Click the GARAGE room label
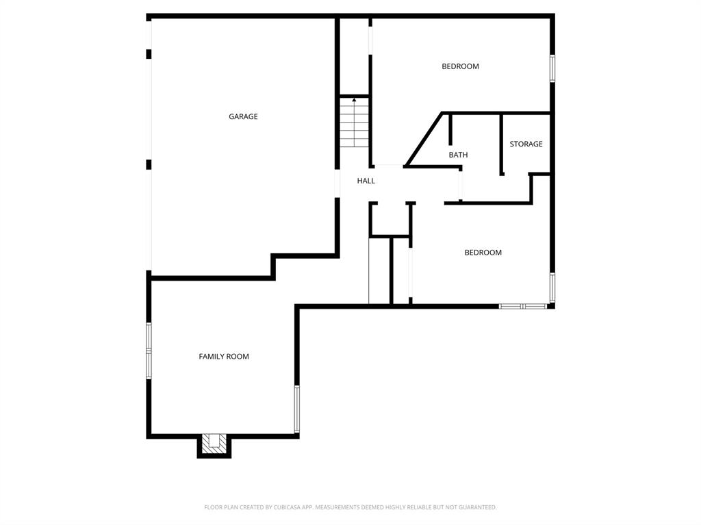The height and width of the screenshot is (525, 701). click(243, 116)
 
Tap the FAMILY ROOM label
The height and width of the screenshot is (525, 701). click(224, 357)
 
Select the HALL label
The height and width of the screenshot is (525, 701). click(366, 181)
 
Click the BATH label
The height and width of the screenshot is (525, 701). click(458, 155)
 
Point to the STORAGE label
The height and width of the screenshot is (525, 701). click(526, 144)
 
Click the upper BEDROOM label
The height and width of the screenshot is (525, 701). click(460, 66)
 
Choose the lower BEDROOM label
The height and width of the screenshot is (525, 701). click(483, 253)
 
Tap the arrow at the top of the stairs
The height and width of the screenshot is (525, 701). click(354, 101)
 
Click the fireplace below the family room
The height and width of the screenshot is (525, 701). click(214, 445)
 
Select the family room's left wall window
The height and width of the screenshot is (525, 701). click(149, 350)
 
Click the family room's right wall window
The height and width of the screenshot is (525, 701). click(296, 409)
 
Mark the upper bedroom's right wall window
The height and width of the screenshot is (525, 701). click(552, 69)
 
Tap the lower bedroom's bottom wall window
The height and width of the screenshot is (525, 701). click(523, 306)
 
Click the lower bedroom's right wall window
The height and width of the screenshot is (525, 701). click(552, 287)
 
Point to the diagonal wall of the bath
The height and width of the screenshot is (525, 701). click(424, 140)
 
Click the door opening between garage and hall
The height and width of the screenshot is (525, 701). click(337, 183)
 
